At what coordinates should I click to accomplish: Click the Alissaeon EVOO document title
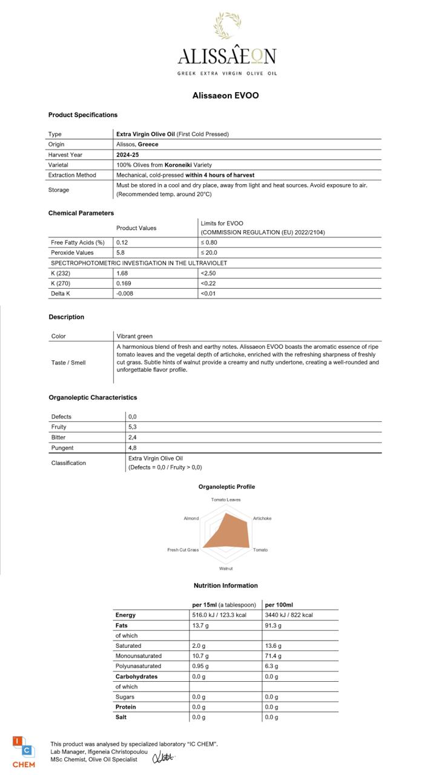pos(225,95)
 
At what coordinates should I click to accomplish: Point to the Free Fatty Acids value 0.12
pos(122,242)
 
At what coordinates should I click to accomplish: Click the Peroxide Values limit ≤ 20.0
pos(209,252)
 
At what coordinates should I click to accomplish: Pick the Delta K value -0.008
pos(125,294)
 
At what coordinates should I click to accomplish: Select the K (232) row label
pos(61,273)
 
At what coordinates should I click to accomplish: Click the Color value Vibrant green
pos(134,336)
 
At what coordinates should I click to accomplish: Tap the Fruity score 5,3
pos(132,427)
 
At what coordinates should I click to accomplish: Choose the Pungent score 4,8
pos(132,448)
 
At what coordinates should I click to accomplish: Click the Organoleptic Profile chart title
pos(226,487)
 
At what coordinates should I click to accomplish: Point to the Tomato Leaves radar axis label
pos(226,500)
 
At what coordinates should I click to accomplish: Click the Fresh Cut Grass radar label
pos(183,550)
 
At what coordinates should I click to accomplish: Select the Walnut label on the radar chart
pos(226,569)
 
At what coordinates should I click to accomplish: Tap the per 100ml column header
pos(279,605)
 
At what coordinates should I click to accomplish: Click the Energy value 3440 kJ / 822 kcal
pos(289,615)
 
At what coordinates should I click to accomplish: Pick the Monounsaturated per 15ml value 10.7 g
pos(200,656)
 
